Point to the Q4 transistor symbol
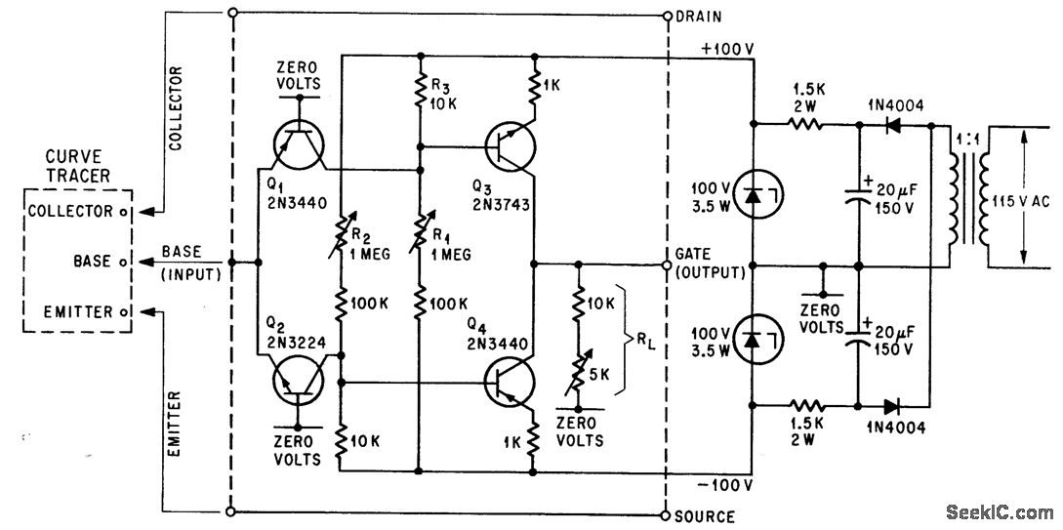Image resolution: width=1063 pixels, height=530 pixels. point(510,382)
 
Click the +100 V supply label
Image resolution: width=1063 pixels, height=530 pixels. point(722,49)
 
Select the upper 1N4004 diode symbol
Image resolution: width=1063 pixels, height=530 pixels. point(891,125)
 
